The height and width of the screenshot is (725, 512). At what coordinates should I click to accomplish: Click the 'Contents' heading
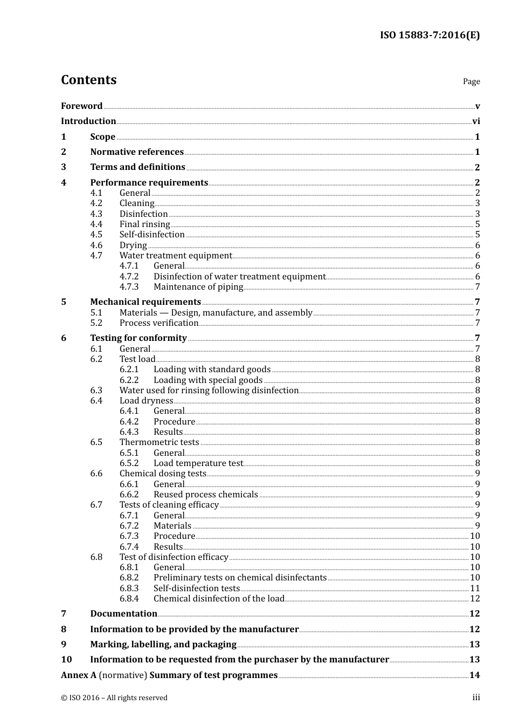pos(88,80)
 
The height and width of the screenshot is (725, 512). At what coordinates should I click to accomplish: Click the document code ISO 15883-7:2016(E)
pos(430,36)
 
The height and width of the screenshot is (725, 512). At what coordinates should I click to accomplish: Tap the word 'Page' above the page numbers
pos(471,81)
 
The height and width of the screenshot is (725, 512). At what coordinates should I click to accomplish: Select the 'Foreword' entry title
pos(81,106)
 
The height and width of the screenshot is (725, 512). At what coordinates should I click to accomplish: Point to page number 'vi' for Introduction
pos(476,121)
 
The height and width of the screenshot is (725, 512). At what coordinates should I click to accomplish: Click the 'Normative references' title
pos(137,152)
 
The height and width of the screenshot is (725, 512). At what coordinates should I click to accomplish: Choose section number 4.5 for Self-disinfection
pos(96,235)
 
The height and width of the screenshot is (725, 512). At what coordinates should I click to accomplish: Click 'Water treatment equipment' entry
pos(176,256)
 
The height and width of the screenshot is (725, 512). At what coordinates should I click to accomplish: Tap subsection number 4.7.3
pos(129,287)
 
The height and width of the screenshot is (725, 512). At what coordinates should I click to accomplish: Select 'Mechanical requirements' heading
pos(146,302)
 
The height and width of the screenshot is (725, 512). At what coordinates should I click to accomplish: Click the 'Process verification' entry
pos(159,323)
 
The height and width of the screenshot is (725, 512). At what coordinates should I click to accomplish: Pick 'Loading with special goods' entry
pos(208,380)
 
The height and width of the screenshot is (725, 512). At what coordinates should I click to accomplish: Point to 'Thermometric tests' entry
pos(160,442)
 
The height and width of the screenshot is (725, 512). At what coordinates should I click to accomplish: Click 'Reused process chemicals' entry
pos(206,495)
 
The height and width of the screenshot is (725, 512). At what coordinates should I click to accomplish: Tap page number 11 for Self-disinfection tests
pos(475,589)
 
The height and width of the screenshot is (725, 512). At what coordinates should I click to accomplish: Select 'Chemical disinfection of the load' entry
pos(219,599)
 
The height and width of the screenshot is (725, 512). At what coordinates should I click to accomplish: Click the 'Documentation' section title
pos(123,614)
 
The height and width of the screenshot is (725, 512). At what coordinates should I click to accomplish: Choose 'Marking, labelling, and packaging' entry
pos(163,645)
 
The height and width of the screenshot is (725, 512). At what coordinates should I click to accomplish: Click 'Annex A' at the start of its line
pos(79,675)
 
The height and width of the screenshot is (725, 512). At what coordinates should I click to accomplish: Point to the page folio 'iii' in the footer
pos(476,697)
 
